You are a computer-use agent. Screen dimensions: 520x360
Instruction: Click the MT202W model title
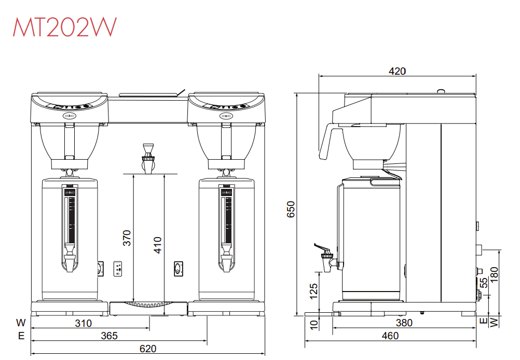click(x=65, y=26)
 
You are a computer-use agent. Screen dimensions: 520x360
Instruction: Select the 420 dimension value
click(x=397, y=71)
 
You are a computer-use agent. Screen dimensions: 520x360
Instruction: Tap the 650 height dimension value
click(x=291, y=209)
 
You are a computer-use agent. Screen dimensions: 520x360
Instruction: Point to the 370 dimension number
click(x=127, y=238)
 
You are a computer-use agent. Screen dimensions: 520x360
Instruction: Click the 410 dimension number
click(x=158, y=245)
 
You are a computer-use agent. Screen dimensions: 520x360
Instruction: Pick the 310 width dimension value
click(x=83, y=323)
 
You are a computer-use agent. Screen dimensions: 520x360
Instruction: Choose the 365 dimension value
click(x=109, y=336)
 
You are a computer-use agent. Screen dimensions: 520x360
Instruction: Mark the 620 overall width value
click(x=148, y=349)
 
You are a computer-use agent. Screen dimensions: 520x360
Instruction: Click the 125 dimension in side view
click(x=313, y=290)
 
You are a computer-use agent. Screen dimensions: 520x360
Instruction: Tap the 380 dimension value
click(x=404, y=323)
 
